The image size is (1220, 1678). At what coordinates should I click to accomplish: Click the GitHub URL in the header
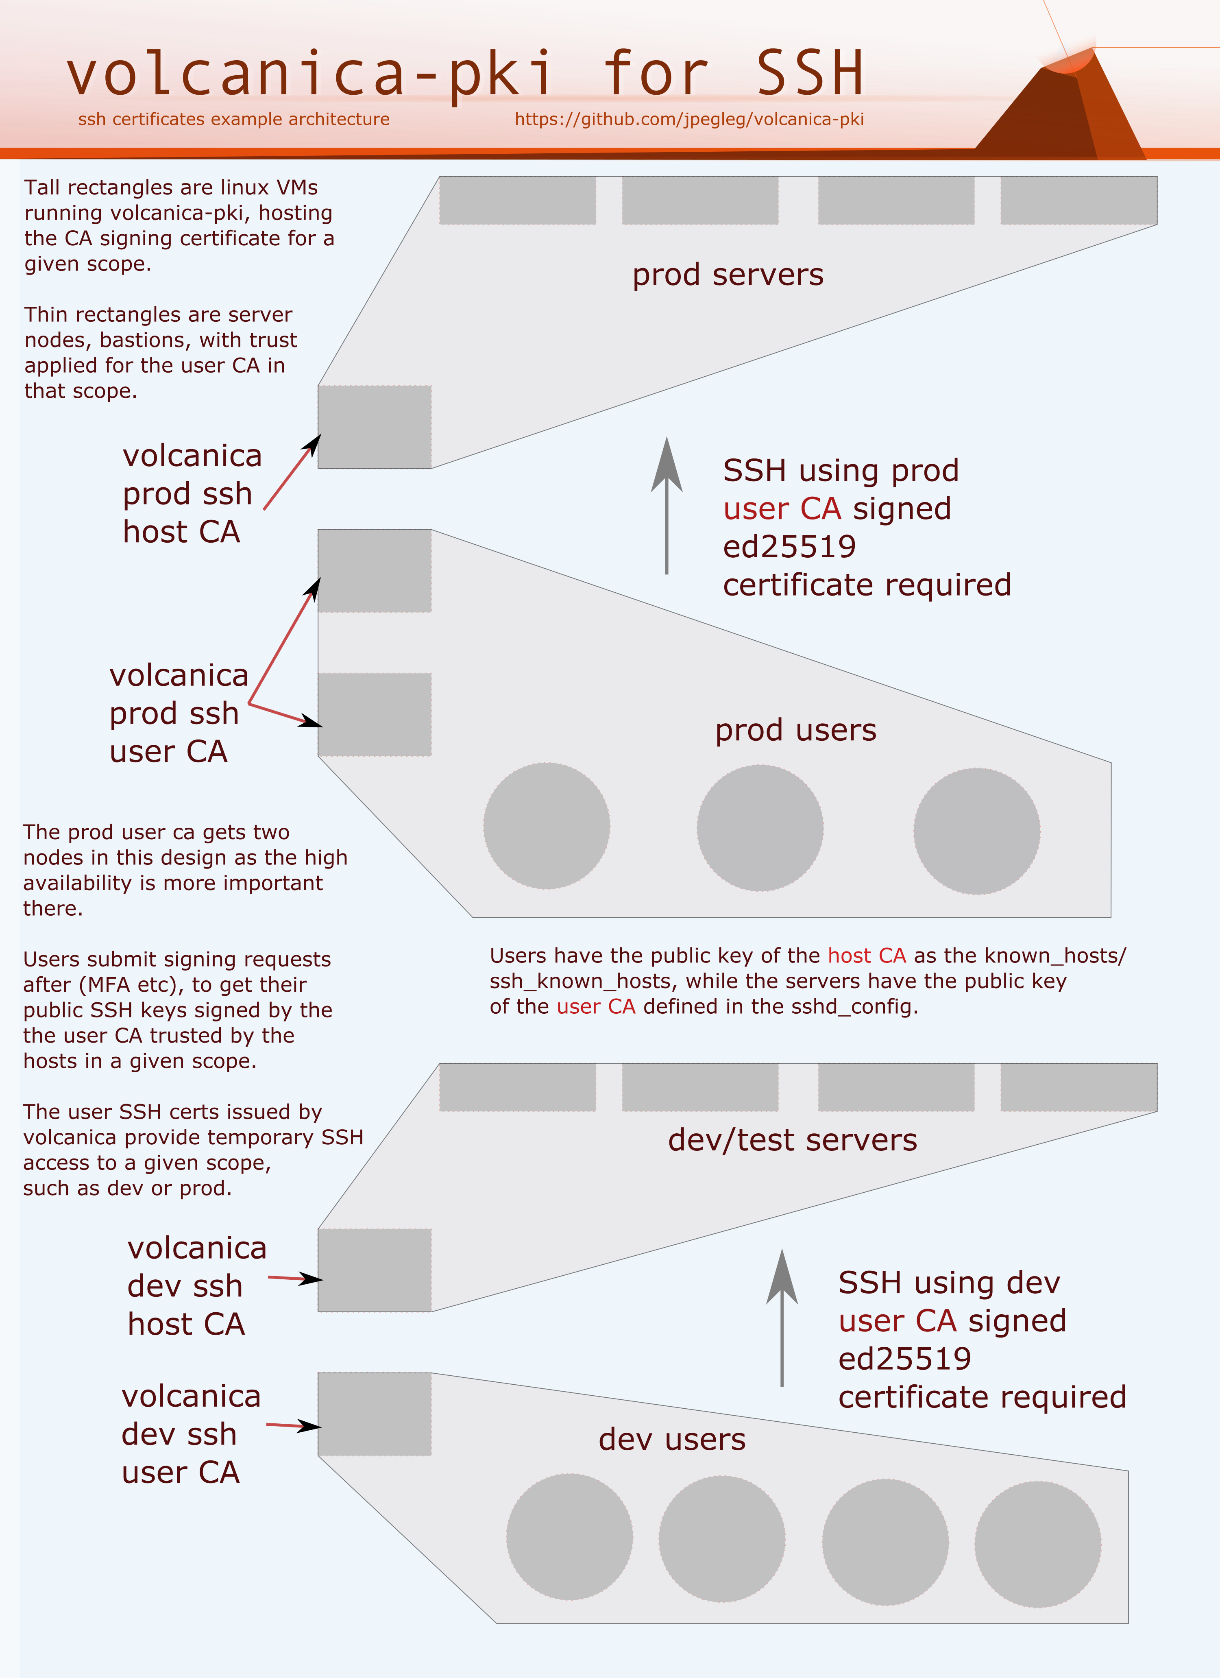(x=689, y=119)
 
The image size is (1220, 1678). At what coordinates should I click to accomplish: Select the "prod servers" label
(x=727, y=275)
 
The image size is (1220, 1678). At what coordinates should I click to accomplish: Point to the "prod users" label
(x=795, y=730)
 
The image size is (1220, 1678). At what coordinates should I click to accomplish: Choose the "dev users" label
(x=672, y=1439)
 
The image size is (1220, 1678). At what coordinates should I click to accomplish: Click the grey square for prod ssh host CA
(x=375, y=427)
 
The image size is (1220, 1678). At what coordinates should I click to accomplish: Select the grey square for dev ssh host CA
(x=375, y=1270)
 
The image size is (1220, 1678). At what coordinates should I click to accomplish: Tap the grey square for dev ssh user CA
(x=375, y=1414)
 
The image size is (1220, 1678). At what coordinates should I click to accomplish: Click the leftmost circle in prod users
(x=547, y=826)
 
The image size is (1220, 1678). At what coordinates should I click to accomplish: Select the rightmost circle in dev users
(x=1037, y=1544)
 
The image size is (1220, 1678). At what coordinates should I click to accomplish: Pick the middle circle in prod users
(x=760, y=828)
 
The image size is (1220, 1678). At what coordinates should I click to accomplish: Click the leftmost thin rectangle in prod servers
(x=517, y=201)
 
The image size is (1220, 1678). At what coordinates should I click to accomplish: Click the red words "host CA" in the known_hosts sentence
(x=866, y=956)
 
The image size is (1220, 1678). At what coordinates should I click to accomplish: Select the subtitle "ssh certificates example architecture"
(x=234, y=119)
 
